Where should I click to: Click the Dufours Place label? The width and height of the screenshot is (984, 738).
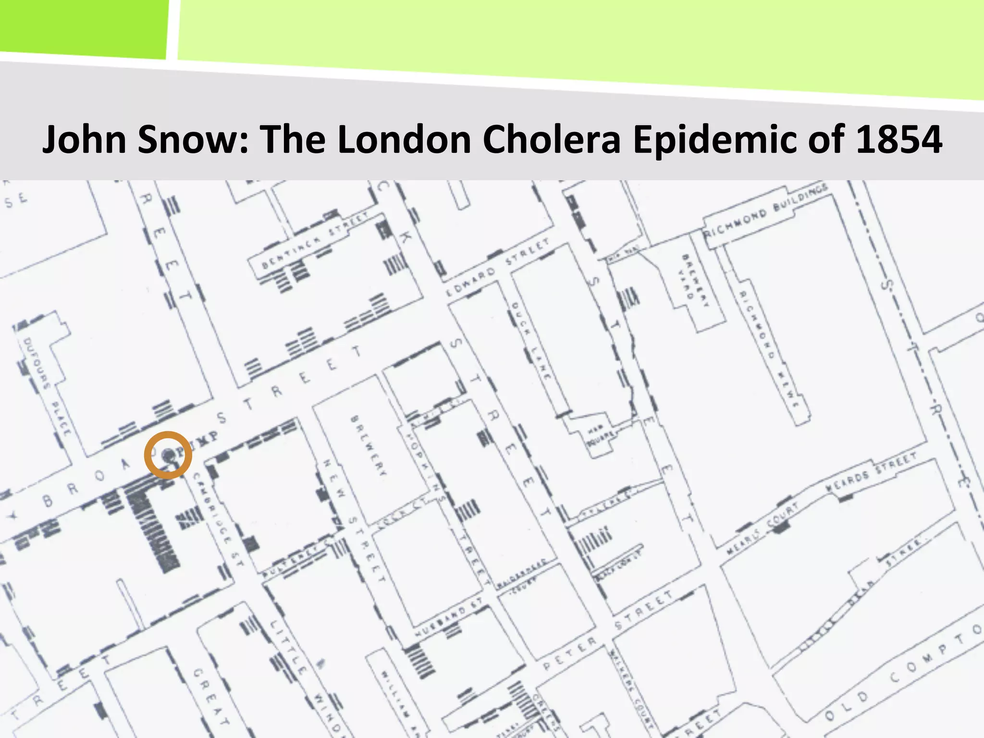coord(48,387)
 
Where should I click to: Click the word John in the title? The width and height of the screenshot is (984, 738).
coord(84,139)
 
